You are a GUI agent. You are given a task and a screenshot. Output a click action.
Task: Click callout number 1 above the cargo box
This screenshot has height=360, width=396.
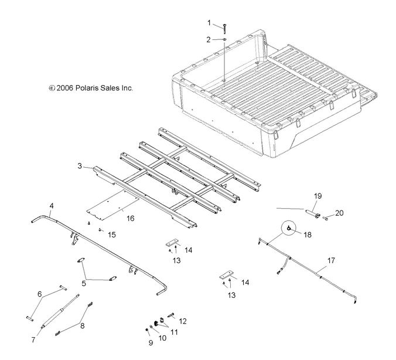(x=209, y=23)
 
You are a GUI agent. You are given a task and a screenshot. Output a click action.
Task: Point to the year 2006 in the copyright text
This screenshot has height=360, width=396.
(x=67, y=88)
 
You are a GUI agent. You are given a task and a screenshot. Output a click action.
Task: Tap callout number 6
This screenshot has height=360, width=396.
(x=40, y=293)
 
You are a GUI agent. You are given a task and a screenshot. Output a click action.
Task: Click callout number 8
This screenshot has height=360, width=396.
(x=81, y=326)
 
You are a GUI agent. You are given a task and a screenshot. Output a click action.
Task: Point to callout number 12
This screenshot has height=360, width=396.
(x=182, y=321)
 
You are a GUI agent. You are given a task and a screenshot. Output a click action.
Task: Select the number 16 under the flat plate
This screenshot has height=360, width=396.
(x=130, y=218)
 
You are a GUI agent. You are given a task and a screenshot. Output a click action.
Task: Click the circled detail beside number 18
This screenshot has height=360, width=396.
(x=289, y=227)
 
